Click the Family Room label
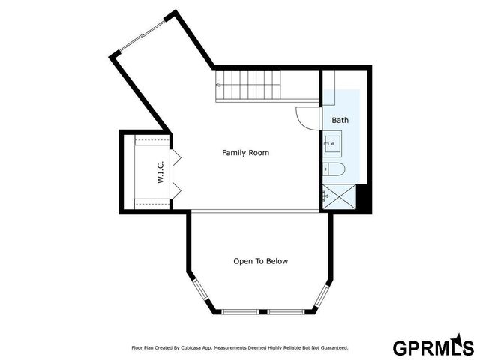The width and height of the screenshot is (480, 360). coord(245,153)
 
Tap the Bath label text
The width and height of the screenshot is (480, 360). coord(340,120)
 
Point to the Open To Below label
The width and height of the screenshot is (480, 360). coord(260,261)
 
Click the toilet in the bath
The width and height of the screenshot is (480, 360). coord(334,169)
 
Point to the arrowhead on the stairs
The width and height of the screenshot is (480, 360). coord(219,85)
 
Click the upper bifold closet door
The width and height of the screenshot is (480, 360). coord(176,160)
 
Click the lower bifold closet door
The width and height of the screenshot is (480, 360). coord(176,188)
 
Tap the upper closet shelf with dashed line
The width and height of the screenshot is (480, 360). coord(153,141)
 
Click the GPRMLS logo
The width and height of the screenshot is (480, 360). coord(433,347)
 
